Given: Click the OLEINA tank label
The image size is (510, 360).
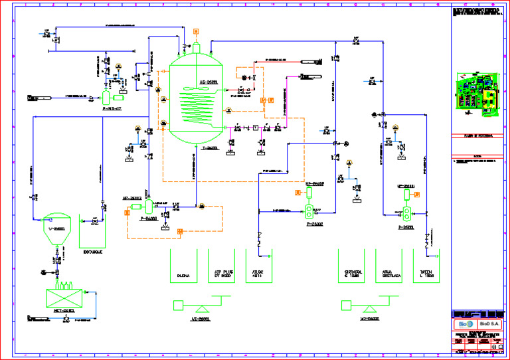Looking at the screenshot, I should click(184, 274).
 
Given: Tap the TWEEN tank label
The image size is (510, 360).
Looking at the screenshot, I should click(426, 273).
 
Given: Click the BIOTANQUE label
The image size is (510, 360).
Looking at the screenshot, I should click(93, 252).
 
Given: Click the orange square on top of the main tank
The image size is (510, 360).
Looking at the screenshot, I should click(197, 31).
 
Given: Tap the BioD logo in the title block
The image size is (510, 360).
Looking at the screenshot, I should click(464, 324).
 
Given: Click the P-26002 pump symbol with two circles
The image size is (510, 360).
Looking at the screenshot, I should click(309, 213).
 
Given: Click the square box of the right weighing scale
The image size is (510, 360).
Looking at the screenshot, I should click(345, 305).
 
